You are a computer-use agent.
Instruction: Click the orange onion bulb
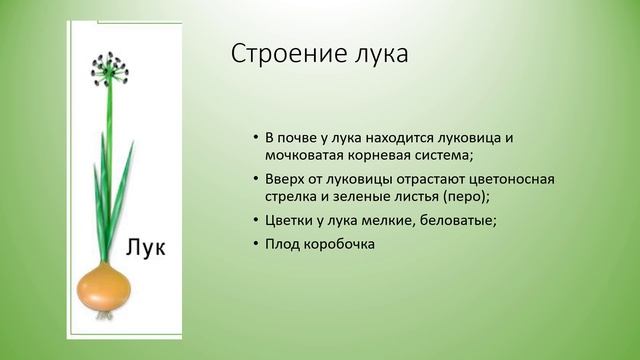pos(106,289)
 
